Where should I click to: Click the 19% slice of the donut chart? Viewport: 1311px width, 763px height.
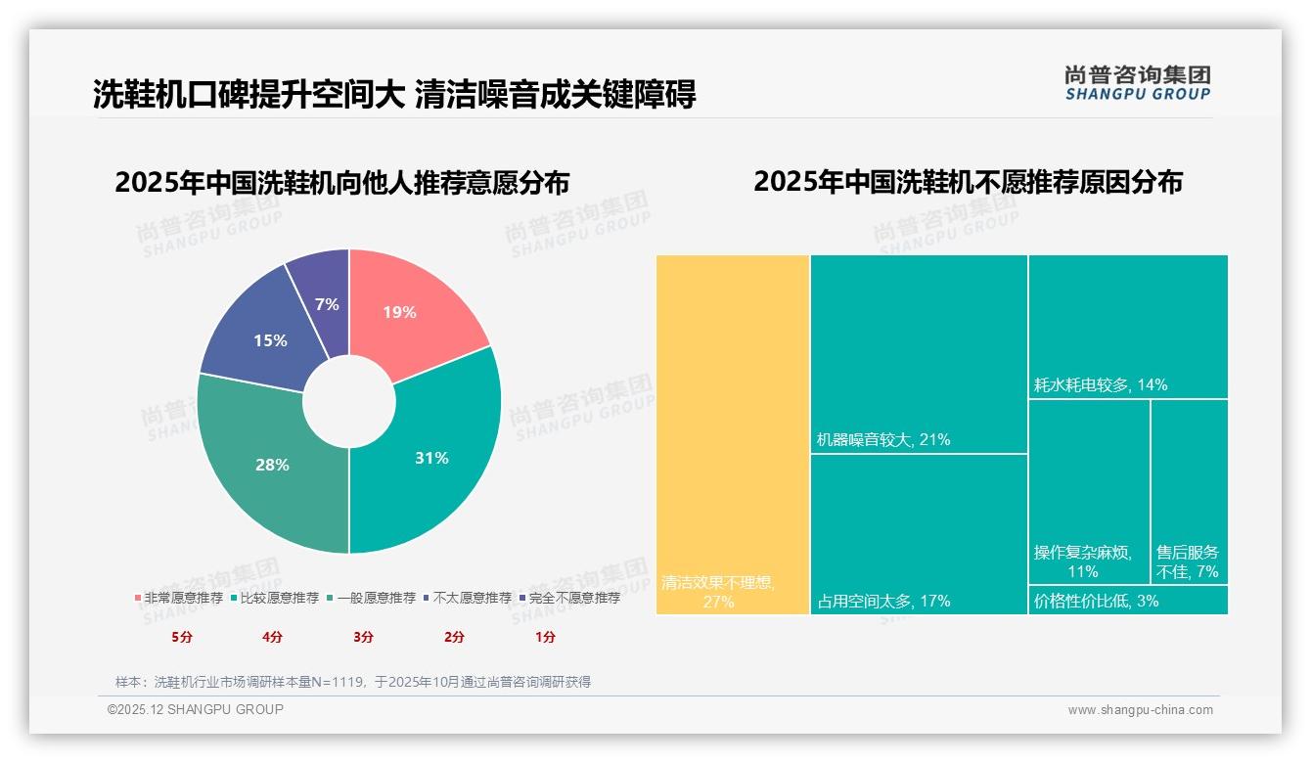tap(406, 308)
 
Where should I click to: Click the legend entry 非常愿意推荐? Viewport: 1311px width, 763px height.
tap(178, 598)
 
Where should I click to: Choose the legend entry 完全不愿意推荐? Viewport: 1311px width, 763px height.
tap(568, 598)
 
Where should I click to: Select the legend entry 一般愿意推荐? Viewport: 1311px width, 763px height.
tap(371, 598)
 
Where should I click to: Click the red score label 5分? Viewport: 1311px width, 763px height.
tap(182, 637)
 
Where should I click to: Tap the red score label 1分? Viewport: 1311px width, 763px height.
tap(545, 637)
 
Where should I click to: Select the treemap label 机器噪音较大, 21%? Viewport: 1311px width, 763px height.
tap(883, 440)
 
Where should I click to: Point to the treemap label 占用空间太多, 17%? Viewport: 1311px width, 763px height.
tap(883, 601)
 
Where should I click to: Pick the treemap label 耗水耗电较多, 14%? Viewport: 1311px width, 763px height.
tap(1101, 385)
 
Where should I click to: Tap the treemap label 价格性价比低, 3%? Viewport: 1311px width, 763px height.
tap(1096, 601)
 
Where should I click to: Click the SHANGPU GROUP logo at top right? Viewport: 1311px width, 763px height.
tap(1137, 82)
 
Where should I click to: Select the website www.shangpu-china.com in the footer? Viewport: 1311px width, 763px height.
tap(1140, 710)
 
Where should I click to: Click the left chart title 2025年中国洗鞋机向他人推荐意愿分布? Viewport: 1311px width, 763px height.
tap(341, 183)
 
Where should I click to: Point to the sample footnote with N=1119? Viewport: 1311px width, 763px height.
tap(353, 682)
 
